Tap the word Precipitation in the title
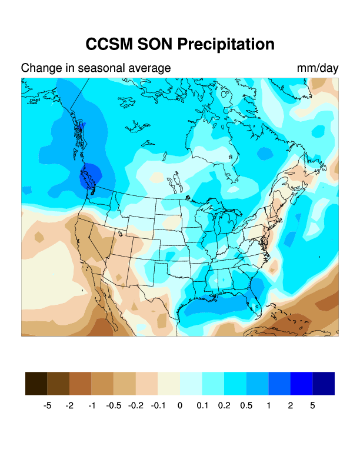(225, 44)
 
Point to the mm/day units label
(318, 68)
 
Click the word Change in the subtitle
(39, 68)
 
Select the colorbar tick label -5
(48, 405)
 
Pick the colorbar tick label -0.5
(114, 405)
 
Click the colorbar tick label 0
(180, 405)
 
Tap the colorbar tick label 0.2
(224, 405)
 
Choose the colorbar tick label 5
(312, 405)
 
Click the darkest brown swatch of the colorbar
(36, 383)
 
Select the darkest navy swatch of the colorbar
(324, 383)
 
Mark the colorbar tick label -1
(92, 405)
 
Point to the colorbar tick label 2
(291, 405)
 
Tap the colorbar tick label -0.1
(158, 405)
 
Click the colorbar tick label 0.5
(246, 405)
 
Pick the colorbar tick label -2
(69, 405)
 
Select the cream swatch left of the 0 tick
(169, 383)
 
